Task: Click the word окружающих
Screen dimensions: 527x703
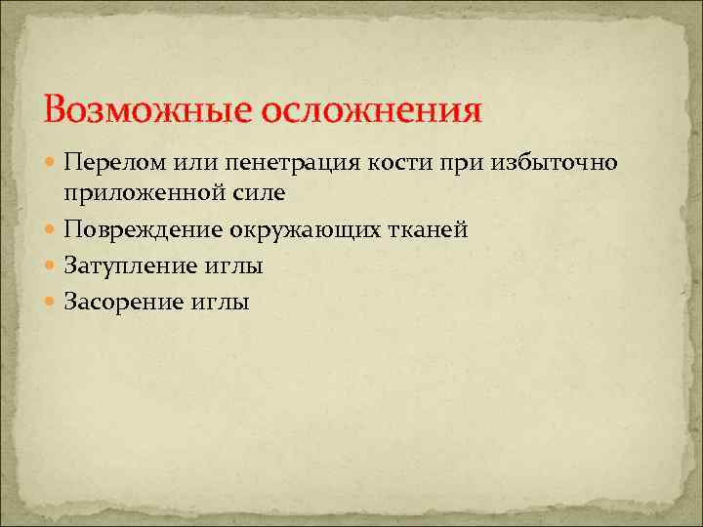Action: (x=301, y=230)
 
